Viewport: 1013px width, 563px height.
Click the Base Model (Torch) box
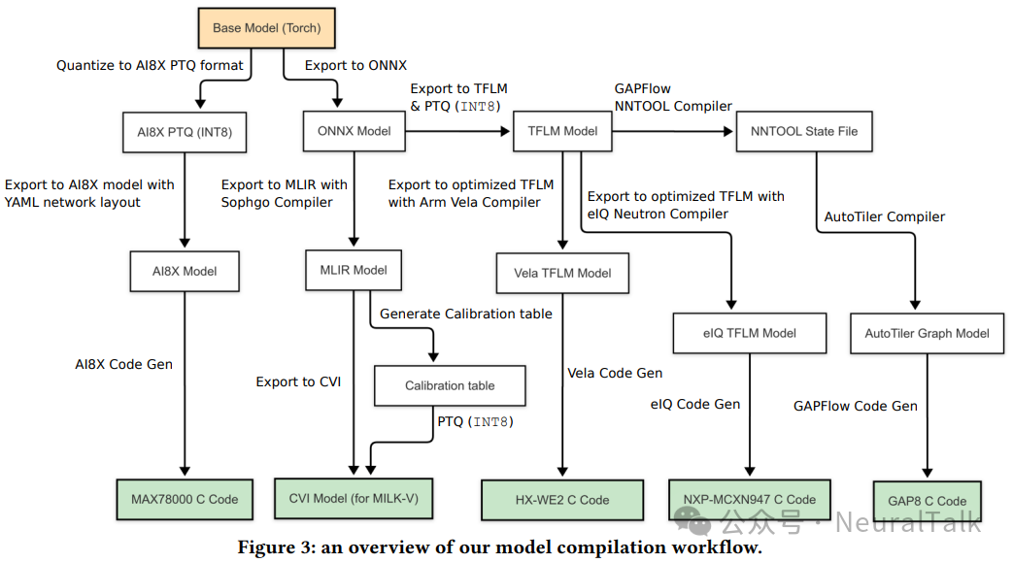(x=266, y=28)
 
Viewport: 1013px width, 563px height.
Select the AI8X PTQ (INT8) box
(x=185, y=131)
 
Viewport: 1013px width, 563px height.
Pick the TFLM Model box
(x=562, y=131)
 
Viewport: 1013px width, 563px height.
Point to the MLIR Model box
(x=353, y=270)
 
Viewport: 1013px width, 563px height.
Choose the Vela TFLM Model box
(x=562, y=273)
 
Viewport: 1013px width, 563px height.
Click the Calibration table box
(x=450, y=385)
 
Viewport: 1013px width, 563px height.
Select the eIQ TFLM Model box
(x=749, y=333)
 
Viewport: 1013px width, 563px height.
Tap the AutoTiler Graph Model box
(x=927, y=333)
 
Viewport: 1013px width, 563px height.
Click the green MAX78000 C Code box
(x=185, y=499)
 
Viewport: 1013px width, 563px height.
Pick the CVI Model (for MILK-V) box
(x=354, y=499)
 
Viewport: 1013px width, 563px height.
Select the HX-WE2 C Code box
(x=562, y=500)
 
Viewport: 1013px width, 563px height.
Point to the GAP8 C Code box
(x=927, y=501)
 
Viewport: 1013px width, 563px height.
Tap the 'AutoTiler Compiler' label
(x=884, y=216)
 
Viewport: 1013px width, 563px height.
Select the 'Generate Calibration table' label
(x=465, y=314)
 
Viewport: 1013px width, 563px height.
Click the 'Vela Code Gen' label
(x=616, y=373)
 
